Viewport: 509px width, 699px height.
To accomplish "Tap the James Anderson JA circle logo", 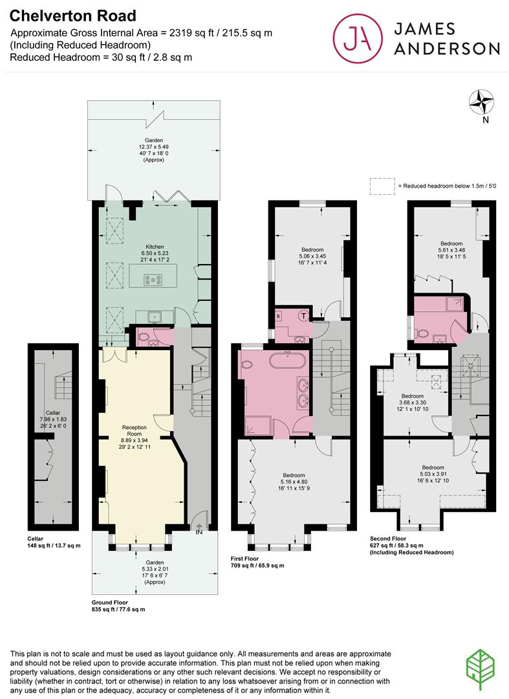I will pos(358,38).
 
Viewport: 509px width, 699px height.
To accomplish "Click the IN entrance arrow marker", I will pos(199,529).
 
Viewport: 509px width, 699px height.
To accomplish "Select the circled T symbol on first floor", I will pos(304,316).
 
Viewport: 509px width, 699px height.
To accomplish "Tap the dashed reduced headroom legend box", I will pos(382,186).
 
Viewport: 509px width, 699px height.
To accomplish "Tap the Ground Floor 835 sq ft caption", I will pos(118,605).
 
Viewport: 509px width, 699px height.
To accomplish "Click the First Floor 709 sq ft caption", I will pos(257,560).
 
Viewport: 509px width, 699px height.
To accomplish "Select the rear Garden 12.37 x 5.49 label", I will pos(154,150).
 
